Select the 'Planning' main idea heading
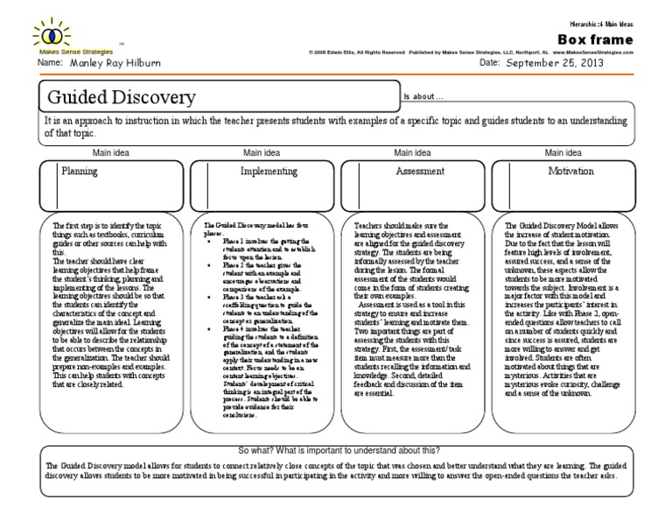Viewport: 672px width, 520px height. point(79,172)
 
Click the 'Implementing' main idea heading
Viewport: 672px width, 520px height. point(262,172)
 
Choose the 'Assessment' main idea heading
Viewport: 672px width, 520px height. point(419,172)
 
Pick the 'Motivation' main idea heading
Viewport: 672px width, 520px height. point(570,172)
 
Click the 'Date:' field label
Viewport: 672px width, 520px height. point(490,65)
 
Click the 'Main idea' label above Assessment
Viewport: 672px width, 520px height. point(416,152)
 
